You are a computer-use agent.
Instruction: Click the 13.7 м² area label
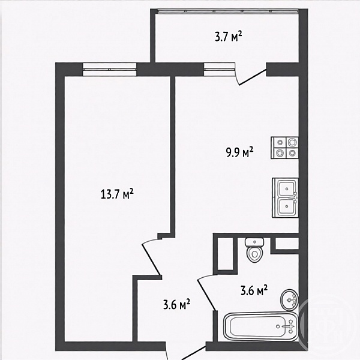[x=117, y=194]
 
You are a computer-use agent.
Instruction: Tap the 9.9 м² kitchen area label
[x=239, y=152]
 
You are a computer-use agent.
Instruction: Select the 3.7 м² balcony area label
[x=229, y=36]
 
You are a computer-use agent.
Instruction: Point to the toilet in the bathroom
[x=254, y=250]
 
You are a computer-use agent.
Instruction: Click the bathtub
[x=261, y=326]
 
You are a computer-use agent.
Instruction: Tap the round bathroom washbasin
[x=289, y=299]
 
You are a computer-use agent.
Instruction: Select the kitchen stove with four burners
[x=284, y=148]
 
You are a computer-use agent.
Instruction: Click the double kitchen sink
[x=286, y=197]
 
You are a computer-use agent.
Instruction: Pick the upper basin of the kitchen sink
[x=287, y=189]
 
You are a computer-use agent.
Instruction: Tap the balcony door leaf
[x=253, y=77]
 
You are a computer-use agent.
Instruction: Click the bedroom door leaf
[x=152, y=259]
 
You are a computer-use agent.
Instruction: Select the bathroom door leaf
[x=206, y=294]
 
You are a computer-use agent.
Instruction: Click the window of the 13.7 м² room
[x=110, y=69]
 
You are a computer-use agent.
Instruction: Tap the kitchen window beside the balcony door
[x=220, y=69]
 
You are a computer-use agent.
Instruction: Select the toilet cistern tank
[x=254, y=242]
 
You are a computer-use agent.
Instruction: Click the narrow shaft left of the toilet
[x=225, y=254]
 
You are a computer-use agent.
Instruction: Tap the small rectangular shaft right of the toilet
[x=287, y=244]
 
